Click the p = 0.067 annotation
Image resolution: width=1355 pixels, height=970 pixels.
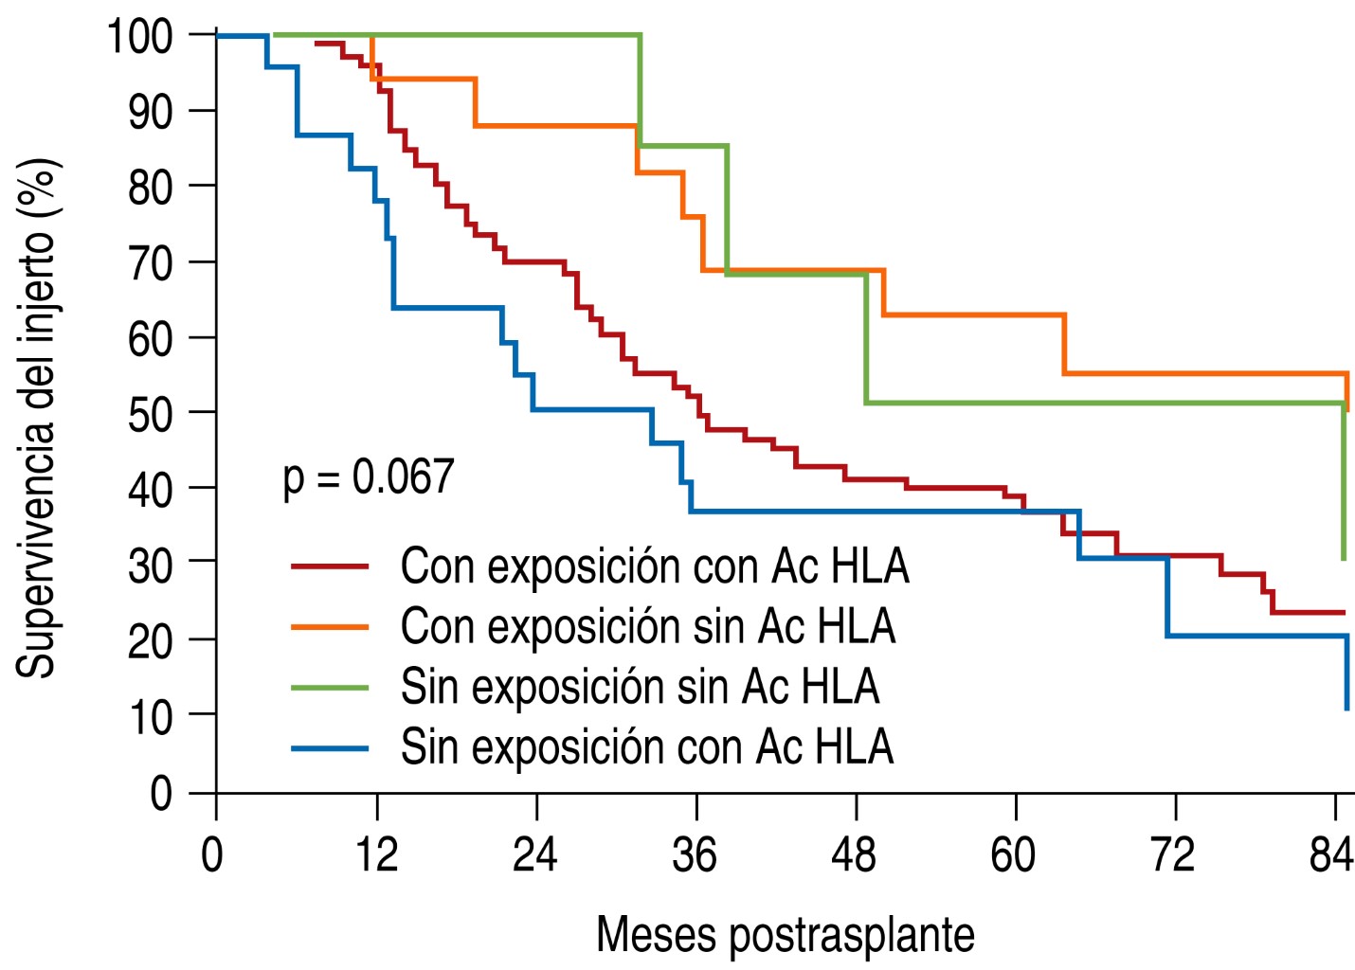(369, 476)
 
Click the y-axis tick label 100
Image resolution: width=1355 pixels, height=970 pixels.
(139, 37)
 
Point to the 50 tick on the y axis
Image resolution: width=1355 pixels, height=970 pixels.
(151, 414)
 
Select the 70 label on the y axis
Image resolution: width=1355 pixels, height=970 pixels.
(151, 263)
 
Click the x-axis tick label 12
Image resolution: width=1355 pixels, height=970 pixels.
(376, 854)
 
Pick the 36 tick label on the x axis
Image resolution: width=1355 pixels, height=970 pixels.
(695, 854)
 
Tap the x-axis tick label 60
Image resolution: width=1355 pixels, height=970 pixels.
(1013, 854)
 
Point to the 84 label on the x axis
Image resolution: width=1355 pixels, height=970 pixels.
(1331, 854)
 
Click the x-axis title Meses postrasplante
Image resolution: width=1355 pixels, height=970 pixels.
(785, 935)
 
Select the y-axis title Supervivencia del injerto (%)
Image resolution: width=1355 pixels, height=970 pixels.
(38, 417)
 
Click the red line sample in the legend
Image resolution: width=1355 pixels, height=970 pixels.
(329, 566)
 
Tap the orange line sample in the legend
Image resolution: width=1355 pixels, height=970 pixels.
(329, 627)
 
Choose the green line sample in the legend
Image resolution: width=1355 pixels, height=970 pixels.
(329, 688)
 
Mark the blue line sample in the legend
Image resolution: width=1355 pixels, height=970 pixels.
(329, 748)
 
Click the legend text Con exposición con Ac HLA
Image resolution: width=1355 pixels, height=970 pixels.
(654, 566)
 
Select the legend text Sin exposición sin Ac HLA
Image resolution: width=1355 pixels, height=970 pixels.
(640, 688)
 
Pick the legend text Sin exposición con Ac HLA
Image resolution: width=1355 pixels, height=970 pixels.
(646, 748)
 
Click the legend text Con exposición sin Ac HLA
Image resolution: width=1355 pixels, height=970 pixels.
(647, 627)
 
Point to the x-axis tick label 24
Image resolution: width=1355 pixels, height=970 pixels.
(534, 854)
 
